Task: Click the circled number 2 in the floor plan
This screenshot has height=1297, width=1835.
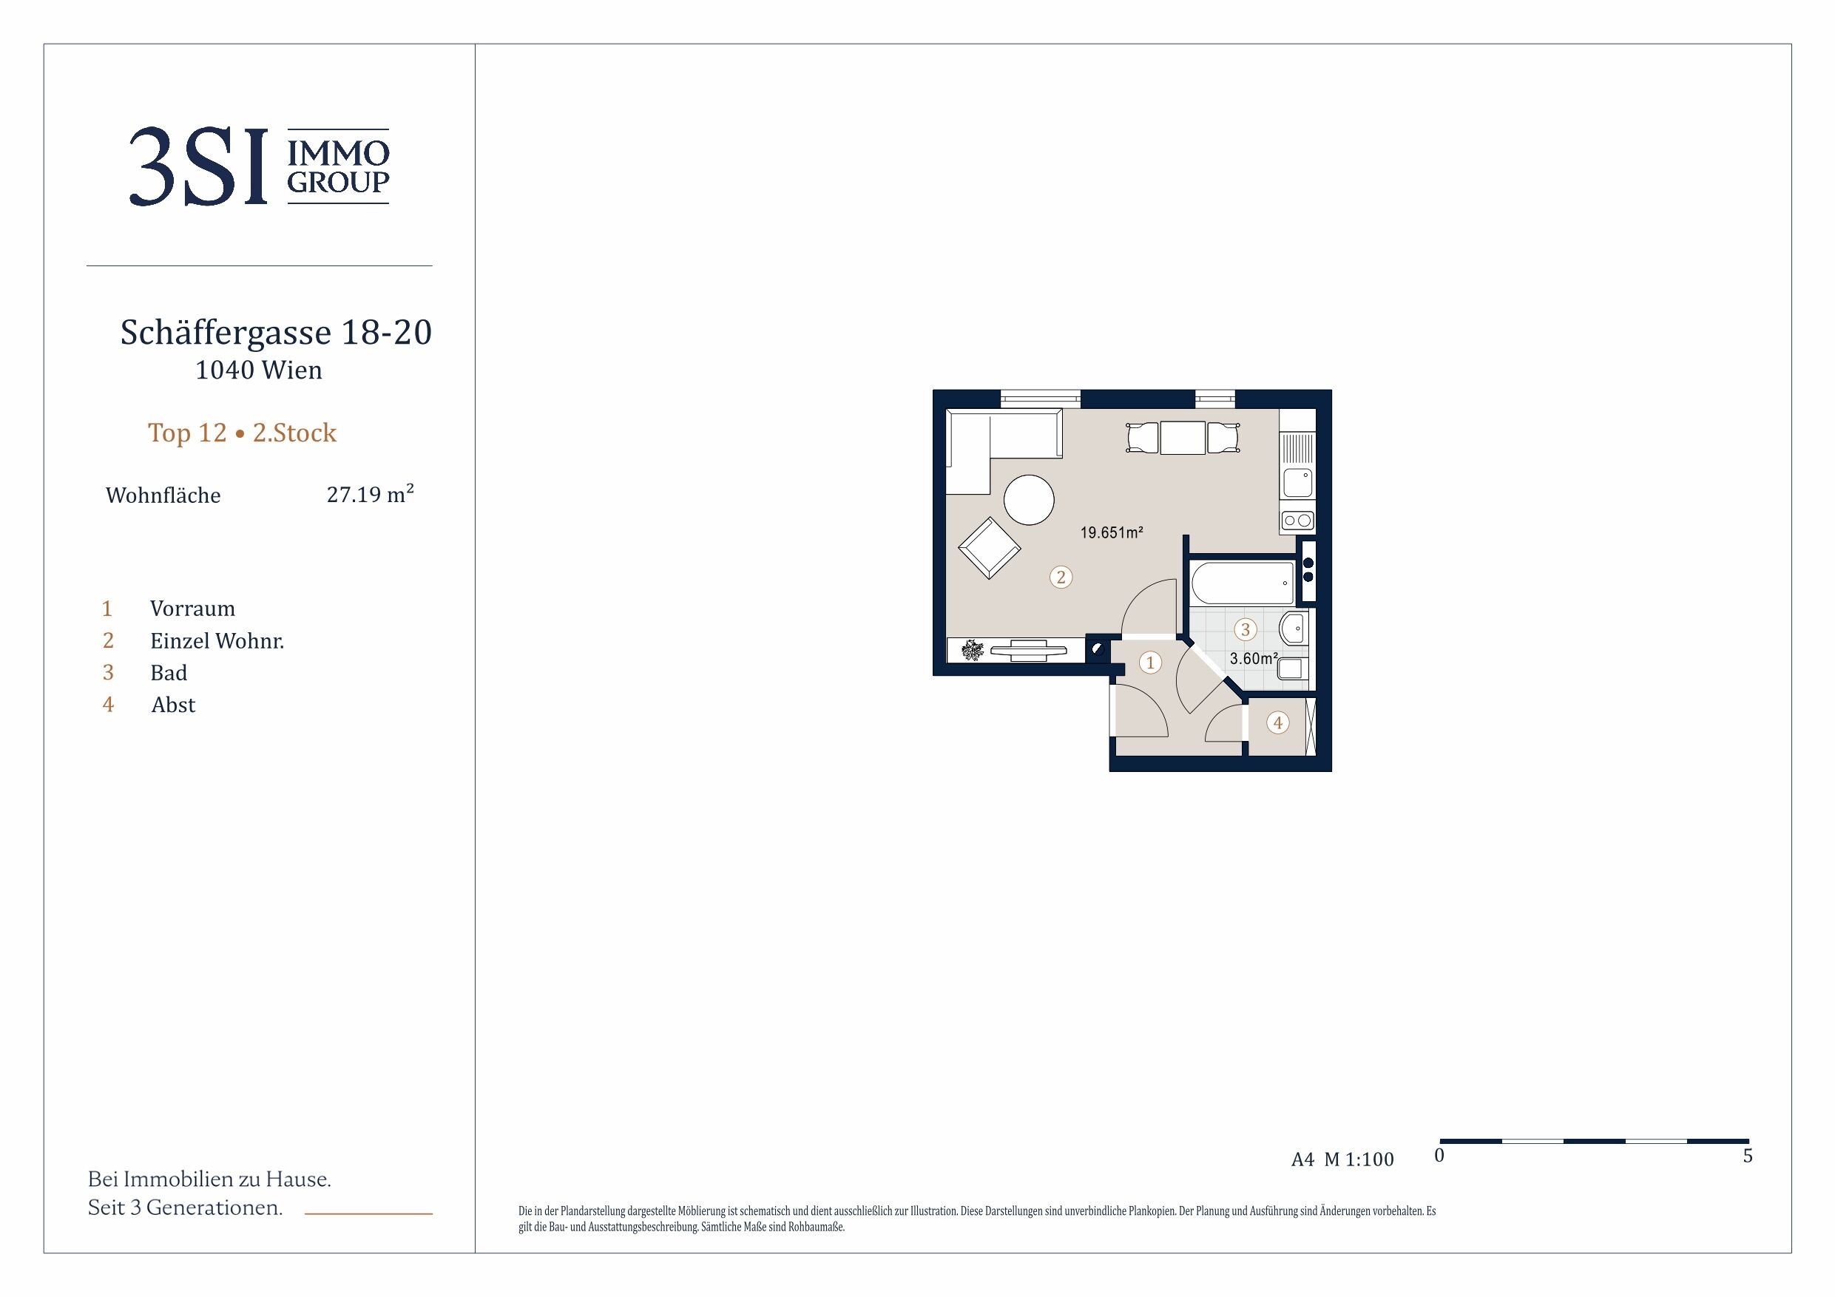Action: point(1061,577)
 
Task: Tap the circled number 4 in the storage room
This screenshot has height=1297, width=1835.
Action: point(1278,723)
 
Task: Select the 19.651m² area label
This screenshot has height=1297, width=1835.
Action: point(1112,532)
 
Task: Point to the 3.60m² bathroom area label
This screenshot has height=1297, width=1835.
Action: point(1253,659)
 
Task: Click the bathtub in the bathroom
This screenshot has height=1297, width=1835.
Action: point(1243,583)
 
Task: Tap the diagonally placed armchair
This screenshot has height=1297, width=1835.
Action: point(990,547)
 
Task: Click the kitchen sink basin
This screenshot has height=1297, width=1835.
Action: point(1297,483)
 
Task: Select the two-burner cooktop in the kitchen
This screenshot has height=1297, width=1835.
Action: point(1297,521)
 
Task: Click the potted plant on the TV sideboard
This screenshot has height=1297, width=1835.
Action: point(973,651)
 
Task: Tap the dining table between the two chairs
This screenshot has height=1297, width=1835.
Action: point(1182,438)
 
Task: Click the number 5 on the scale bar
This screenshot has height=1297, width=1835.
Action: point(1748,1157)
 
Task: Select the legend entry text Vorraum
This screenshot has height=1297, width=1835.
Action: point(192,609)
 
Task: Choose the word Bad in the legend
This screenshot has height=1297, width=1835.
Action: point(169,673)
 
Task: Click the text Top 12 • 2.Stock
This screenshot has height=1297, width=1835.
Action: point(242,433)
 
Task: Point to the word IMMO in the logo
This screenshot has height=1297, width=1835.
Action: point(338,152)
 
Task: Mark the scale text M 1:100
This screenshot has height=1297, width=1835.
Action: point(1359,1159)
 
